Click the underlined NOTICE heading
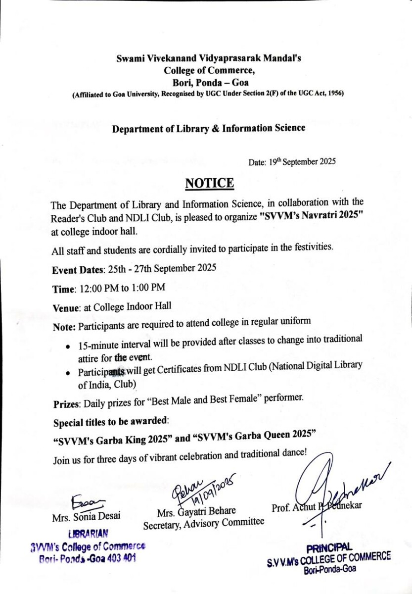[209, 184]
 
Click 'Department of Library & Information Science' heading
[209, 129]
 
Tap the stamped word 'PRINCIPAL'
[329, 547]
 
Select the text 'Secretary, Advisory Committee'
[204, 523]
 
